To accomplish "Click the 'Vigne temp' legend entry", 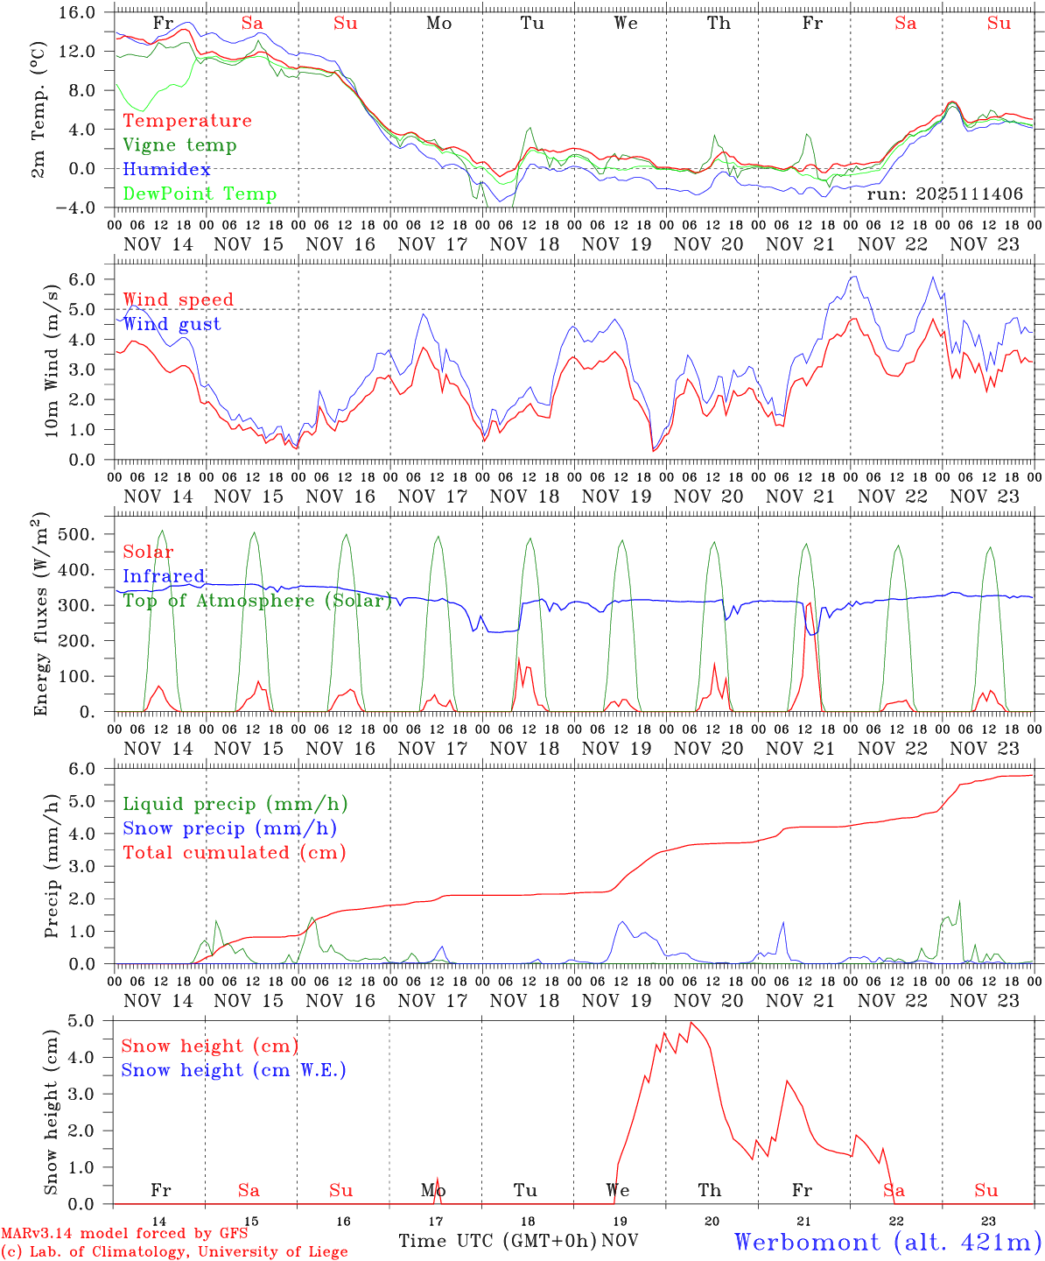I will click(x=179, y=145).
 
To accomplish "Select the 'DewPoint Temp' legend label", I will click(x=200, y=194).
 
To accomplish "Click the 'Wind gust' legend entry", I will click(x=172, y=324).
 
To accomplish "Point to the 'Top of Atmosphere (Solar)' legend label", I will click(x=257, y=601).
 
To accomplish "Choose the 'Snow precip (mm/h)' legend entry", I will click(x=230, y=828).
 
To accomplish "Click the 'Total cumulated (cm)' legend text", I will click(x=235, y=853).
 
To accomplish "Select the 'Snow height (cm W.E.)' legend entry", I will click(x=234, y=1070).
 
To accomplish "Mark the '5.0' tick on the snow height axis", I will click(x=93, y=1021).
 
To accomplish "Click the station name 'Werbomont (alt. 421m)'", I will click(x=887, y=1242).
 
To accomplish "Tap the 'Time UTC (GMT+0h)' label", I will click(x=497, y=1241).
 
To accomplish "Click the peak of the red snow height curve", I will click(x=691, y=1023).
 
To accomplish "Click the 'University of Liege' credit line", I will click(x=174, y=1252).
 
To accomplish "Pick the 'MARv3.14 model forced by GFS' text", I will click(x=124, y=1234).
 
